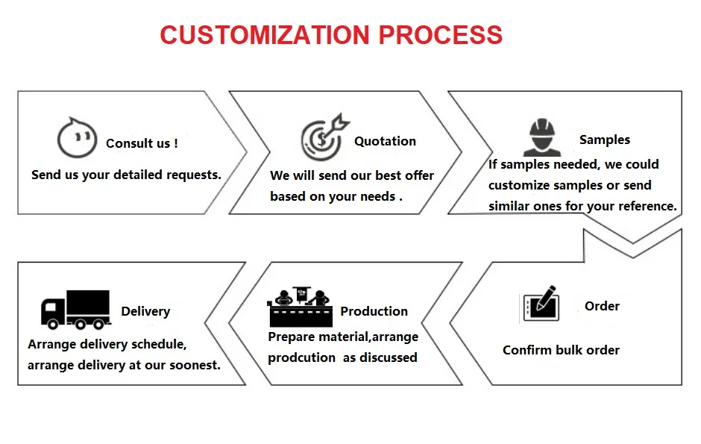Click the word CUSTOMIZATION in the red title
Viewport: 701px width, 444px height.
coord(265,34)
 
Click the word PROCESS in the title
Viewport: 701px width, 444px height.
coord(439,34)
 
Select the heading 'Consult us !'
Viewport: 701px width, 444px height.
coord(142,143)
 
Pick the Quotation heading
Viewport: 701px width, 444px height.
coord(385,141)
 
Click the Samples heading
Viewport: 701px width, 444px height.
coord(604,140)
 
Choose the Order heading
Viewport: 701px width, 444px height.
coord(602,306)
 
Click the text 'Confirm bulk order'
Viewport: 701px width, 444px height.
coord(561,350)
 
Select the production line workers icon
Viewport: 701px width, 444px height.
coord(300,307)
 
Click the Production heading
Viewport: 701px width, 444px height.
coord(374,311)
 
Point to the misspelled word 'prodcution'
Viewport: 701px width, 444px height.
coord(301,357)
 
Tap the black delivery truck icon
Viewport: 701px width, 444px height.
coord(75,309)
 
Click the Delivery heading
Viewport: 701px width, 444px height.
coord(145,311)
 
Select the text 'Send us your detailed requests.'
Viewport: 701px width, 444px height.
coord(126,175)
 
